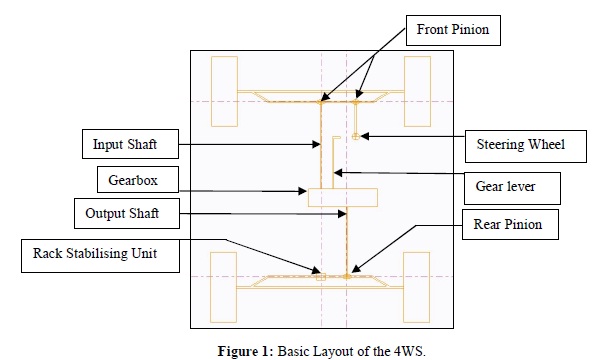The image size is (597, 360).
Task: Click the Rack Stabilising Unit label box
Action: click(89, 254)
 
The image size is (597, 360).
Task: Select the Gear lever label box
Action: click(510, 185)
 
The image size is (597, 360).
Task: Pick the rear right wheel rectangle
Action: click(418, 283)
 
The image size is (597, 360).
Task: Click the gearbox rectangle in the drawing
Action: click(342, 196)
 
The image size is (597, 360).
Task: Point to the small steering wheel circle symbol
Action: click(355, 134)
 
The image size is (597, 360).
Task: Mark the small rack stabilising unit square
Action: click(320, 274)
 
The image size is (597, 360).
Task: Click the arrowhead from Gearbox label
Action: click(304, 189)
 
